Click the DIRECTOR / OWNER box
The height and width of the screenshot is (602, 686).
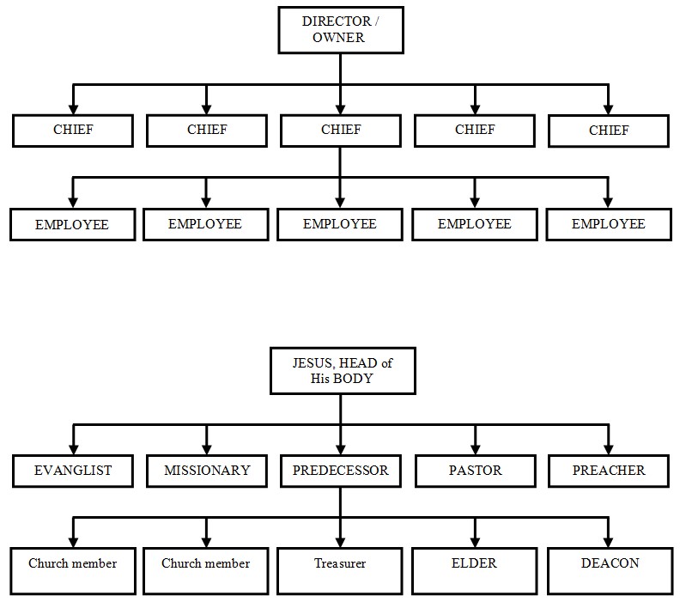coord(341,30)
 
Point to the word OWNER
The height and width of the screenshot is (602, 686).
coord(338,38)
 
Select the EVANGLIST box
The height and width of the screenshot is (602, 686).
coord(73,471)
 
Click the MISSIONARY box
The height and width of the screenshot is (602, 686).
coord(207,471)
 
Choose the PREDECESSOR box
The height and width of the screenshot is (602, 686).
coord(341,471)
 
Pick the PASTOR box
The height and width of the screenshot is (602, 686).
coord(475,471)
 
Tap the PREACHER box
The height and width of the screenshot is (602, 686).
coord(609,471)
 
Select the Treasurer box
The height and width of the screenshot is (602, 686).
coord(341,569)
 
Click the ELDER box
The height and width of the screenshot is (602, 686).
coord(475,569)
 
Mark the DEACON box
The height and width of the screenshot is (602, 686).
coord(609,569)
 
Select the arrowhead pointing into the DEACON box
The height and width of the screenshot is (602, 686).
coord(609,543)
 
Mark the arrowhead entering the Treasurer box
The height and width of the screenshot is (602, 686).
coord(341,543)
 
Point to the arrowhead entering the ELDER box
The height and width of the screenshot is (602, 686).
coord(475,543)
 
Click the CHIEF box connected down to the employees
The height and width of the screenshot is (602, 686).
coord(341,131)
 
